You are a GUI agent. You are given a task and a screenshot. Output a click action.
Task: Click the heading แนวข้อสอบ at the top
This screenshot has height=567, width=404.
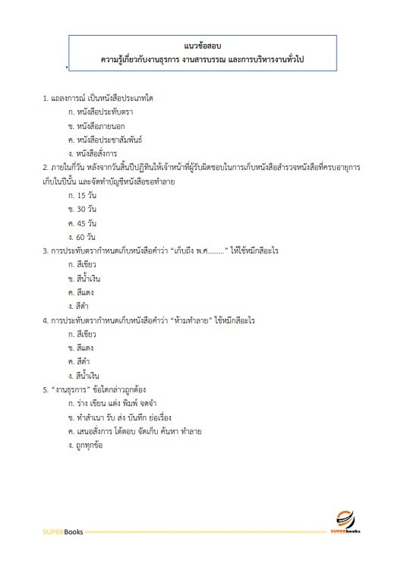pyautogui.click(x=201, y=46)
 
